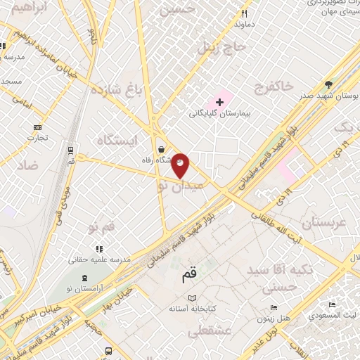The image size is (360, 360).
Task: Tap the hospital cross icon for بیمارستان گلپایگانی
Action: click(220, 103)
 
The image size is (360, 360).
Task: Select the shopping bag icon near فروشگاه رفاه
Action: click(163, 150)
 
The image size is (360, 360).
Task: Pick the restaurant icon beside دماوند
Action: click(245, 13)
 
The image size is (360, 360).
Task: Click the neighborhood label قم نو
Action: click(101, 228)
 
